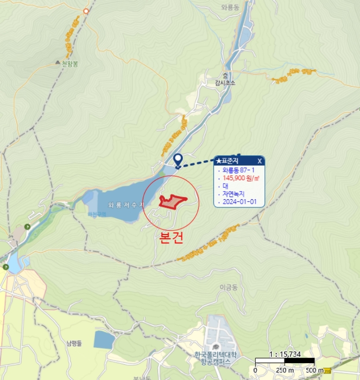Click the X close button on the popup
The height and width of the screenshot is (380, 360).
point(260,161)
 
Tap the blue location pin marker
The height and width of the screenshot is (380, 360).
point(178,160)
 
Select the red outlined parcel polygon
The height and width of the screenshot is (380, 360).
point(170,201)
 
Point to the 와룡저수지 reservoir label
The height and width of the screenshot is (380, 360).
point(127,205)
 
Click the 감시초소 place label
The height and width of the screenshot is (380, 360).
point(225,83)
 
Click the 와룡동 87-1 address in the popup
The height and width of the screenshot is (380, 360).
point(237,170)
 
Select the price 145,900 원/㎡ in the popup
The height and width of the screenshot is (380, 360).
point(239,178)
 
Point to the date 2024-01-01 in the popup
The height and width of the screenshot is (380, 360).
point(237,201)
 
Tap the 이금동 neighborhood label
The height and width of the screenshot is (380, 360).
point(229,287)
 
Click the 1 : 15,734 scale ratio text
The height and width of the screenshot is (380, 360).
point(285,353)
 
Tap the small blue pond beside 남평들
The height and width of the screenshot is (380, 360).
point(104,340)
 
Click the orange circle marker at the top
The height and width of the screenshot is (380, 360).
point(86,11)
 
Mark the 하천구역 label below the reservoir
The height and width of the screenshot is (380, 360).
point(98,214)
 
